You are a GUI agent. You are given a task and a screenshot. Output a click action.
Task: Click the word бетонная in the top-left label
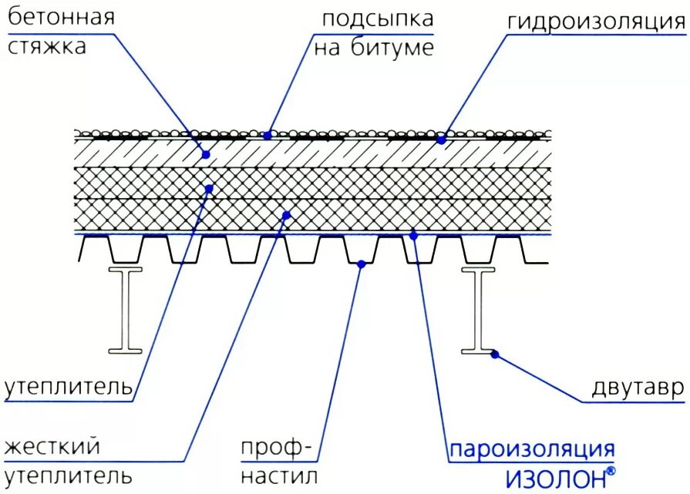click(61, 18)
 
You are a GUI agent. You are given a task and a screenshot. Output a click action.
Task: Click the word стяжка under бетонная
click(47, 47)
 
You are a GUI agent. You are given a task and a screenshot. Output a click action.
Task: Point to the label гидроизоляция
click(595, 23)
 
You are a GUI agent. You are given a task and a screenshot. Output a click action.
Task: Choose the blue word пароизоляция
click(533, 449)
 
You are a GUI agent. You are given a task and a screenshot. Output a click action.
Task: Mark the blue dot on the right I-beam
click(494, 354)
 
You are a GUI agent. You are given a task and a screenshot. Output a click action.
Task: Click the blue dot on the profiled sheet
click(360, 264)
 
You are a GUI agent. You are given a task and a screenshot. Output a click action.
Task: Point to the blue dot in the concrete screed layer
click(206, 154)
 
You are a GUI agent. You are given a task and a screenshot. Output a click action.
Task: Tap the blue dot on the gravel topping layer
click(268, 135)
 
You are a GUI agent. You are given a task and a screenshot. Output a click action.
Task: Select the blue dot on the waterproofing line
click(442, 140)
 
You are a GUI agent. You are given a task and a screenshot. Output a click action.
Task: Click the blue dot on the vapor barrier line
click(413, 235)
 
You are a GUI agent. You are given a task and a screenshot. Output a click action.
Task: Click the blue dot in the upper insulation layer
click(209, 188)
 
